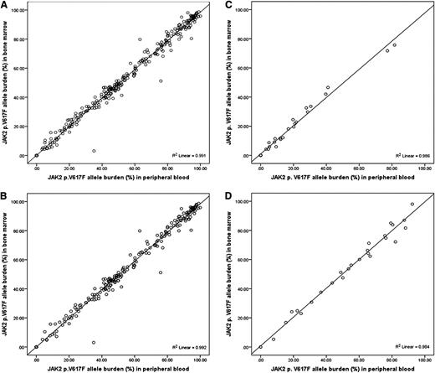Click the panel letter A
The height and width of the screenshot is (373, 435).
(5, 5)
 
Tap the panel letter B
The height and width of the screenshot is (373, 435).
(5, 194)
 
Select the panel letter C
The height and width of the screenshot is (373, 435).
(225, 5)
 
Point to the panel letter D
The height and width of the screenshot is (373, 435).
(225, 194)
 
